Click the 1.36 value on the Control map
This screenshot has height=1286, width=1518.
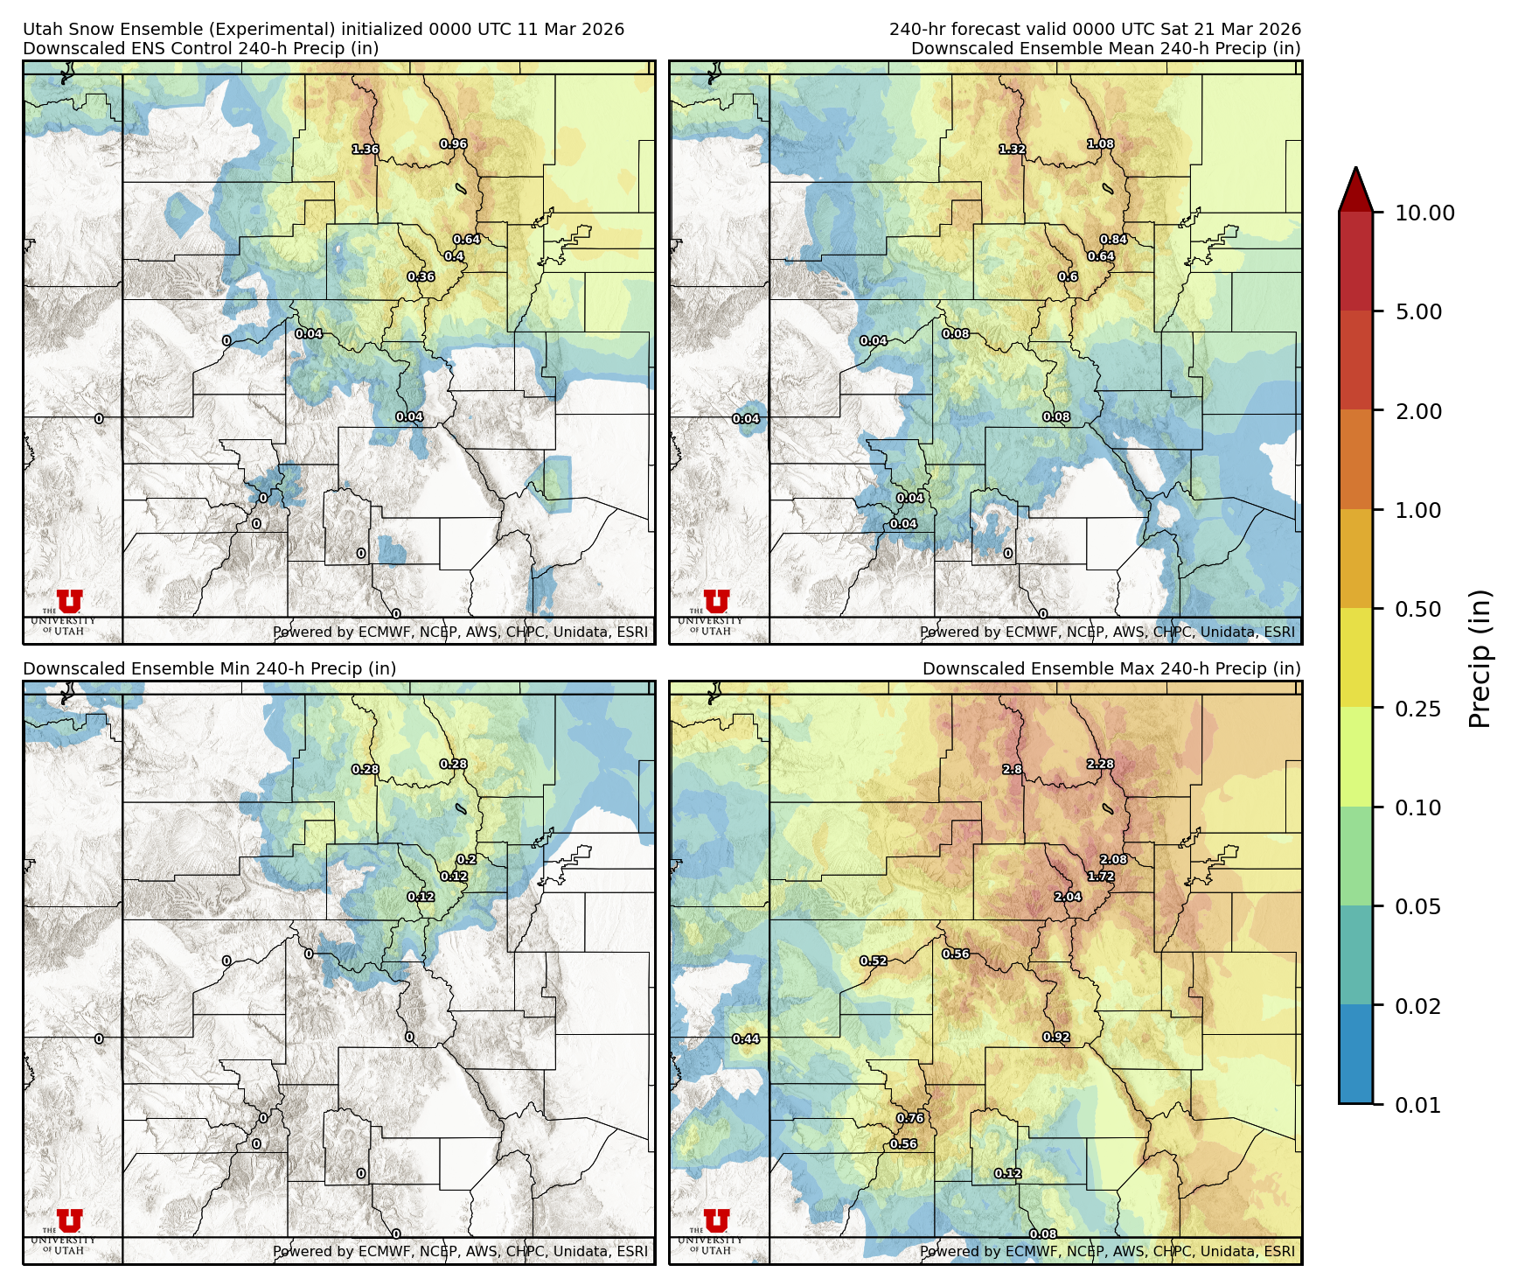coord(366,150)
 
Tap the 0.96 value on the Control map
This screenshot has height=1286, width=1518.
coord(453,144)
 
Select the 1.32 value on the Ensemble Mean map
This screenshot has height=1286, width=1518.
coord(1013,150)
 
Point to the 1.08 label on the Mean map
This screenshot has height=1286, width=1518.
coord(1100,144)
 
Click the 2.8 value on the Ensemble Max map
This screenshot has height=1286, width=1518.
coord(1012,770)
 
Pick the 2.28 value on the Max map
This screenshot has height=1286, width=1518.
coord(1100,765)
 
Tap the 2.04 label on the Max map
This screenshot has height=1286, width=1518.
coord(1068,897)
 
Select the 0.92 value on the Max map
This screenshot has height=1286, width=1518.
coord(1056,1038)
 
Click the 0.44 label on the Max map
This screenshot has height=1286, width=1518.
coord(746,1039)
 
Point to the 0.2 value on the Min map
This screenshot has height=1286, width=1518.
coord(467,860)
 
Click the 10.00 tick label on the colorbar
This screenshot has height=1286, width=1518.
coord(1424,213)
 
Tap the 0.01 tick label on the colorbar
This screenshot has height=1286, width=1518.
coord(1417,1105)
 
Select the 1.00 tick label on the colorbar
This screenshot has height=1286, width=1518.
coord(1417,510)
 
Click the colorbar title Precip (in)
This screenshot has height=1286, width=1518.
coord(1480,659)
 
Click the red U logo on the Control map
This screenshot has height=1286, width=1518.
coord(70,601)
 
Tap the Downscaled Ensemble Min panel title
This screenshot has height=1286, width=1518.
coord(210,669)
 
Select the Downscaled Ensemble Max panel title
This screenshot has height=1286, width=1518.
coord(1111,669)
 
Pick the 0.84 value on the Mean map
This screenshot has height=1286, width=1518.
coord(1113,240)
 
